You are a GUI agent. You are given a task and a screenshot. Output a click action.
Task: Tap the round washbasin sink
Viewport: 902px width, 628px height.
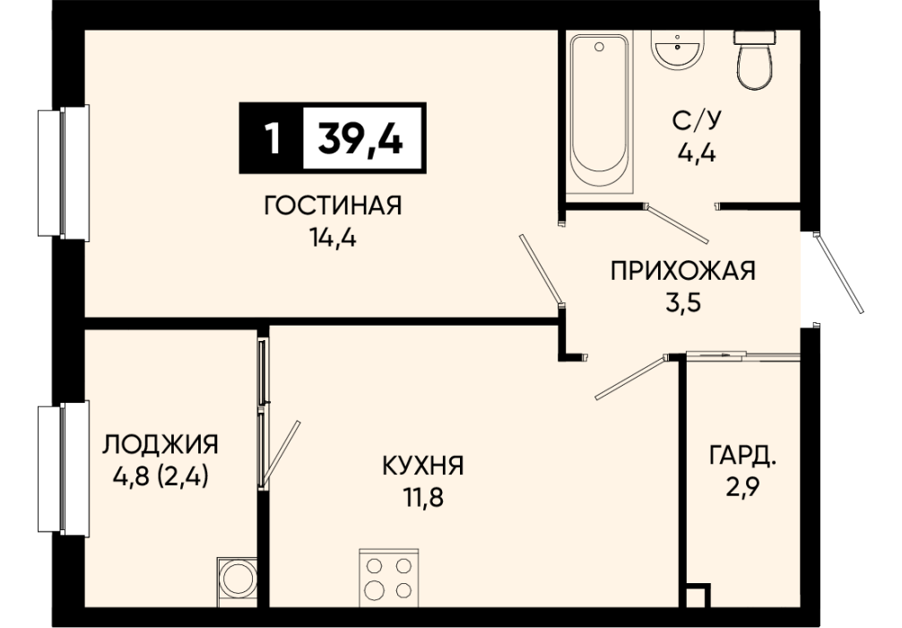click(x=677, y=50)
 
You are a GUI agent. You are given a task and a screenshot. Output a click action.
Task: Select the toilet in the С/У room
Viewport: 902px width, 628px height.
click(x=753, y=60)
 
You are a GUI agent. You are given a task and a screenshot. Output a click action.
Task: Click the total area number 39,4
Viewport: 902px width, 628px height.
click(x=360, y=139)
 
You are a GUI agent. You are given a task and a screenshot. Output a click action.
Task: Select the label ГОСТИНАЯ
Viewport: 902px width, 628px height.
click(x=333, y=205)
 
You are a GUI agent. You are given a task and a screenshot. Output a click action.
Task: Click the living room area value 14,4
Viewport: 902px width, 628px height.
click(x=333, y=237)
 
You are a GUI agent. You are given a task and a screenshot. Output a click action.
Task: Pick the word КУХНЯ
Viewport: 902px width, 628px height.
click(x=423, y=466)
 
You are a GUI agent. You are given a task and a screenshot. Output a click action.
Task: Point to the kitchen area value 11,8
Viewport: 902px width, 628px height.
click(x=423, y=497)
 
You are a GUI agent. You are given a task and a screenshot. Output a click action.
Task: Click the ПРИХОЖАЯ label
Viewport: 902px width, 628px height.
click(x=683, y=271)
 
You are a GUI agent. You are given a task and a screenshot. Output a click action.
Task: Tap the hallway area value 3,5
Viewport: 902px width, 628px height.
click(x=683, y=301)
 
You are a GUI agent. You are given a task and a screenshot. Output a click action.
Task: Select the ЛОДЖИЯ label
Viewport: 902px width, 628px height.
click(x=160, y=444)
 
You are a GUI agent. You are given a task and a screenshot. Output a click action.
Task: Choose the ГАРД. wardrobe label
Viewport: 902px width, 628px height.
click(x=743, y=456)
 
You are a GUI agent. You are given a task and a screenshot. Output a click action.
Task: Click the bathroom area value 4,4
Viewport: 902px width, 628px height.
click(x=697, y=153)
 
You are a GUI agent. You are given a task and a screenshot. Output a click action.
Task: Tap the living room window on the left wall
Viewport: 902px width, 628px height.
click(x=64, y=172)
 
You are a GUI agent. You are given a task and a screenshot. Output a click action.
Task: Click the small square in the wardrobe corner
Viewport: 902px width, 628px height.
click(x=698, y=595)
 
